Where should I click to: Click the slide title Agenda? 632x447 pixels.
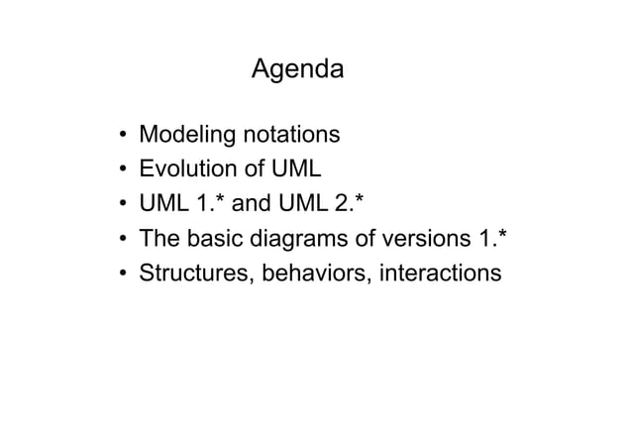point(297,71)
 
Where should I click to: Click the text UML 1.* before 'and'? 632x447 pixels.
point(182,203)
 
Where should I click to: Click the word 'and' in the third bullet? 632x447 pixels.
point(251,203)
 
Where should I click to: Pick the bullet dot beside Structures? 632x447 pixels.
point(120,274)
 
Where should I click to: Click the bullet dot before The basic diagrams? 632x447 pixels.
point(120,239)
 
